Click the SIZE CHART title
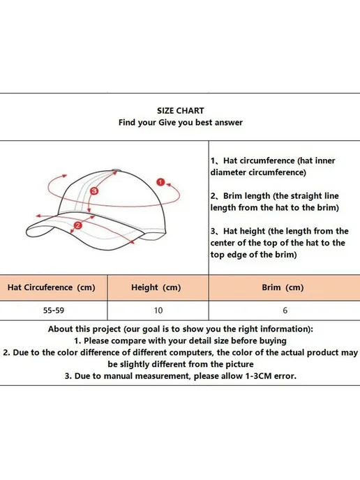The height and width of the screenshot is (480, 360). [180, 110]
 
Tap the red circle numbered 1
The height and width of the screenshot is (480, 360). [160, 182]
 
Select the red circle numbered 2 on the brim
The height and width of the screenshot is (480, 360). [77, 225]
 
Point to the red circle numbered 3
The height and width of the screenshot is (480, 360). [94, 191]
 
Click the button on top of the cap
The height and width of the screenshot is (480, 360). [117, 170]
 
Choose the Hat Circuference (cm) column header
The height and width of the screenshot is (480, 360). [52, 287]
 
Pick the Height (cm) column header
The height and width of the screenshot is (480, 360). [156, 287]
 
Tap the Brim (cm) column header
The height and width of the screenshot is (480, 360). [283, 287]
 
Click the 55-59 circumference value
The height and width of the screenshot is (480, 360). [54, 310]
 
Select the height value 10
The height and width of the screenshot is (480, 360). [158, 310]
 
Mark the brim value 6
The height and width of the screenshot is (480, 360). [285, 310]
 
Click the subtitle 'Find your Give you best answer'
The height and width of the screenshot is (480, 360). [181, 123]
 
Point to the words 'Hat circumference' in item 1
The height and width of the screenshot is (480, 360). [259, 160]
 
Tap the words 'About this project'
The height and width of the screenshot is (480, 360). [84, 329]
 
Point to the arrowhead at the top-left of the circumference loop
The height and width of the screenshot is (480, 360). [64, 176]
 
